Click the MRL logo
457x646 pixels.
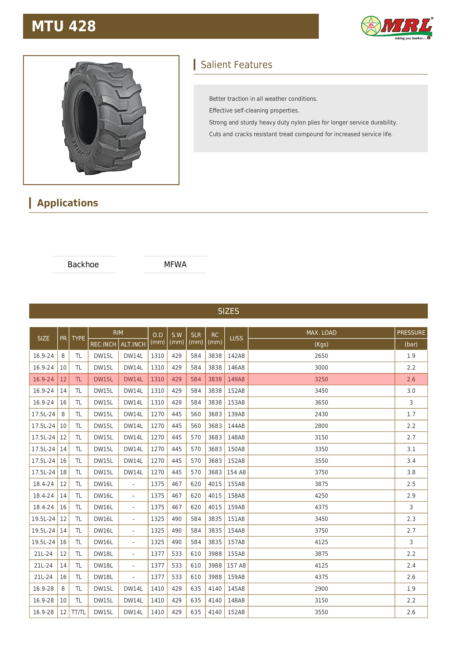tap(397, 27)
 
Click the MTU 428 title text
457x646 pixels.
tap(64, 26)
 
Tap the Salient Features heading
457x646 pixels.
tap(236, 65)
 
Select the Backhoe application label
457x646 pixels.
tap(83, 264)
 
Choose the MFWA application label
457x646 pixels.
tap(175, 264)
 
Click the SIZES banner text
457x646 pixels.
tap(228, 311)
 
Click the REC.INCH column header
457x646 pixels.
tap(103, 344)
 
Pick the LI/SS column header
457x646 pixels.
tap(236, 338)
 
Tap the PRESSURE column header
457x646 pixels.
tap(411, 333)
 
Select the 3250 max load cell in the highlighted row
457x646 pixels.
tap(321, 379)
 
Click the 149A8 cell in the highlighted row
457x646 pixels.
tap(236, 379)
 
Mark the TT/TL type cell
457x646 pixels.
tap(78, 612)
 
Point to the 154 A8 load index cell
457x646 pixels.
tap(236, 472)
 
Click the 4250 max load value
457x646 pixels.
tap(321, 495)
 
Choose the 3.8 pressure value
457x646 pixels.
tap(411, 472)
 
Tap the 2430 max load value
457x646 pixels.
tap(321, 414)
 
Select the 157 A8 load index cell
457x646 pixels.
tap(236, 565)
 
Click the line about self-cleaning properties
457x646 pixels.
tap(254, 110)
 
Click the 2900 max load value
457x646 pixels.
tap(321, 589)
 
